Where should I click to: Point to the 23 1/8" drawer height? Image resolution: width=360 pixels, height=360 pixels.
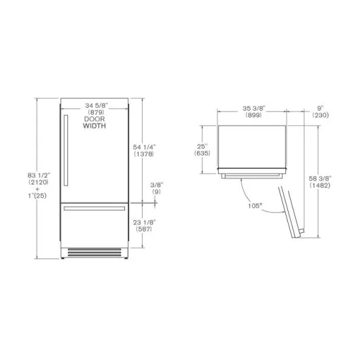pyautogui.click(x=158, y=222)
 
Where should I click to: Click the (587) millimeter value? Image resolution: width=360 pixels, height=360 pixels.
pyautogui.click(x=158, y=229)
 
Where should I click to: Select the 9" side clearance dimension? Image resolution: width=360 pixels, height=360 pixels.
pyautogui.click(x=321, y=107)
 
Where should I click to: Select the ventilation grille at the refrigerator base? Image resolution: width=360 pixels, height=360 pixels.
pyautogui.click(x=97, y=251)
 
